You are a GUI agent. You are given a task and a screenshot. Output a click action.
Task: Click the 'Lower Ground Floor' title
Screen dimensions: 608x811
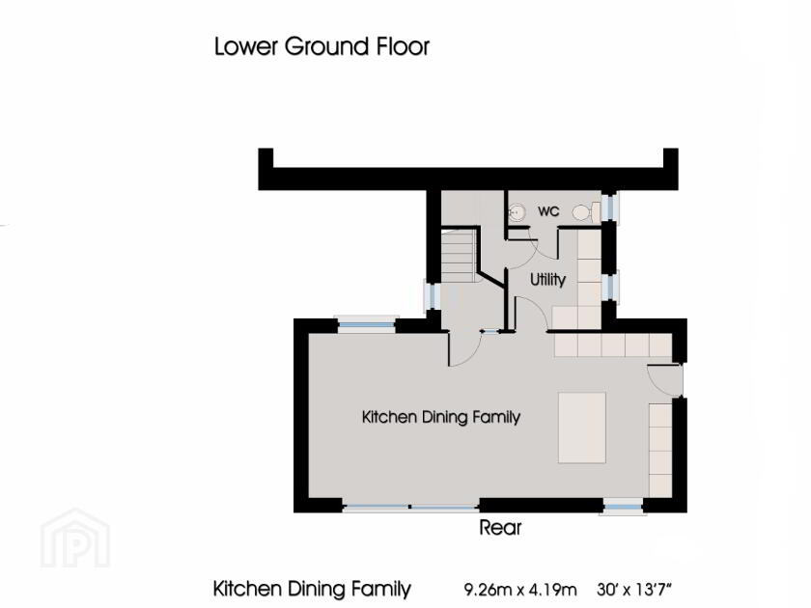click(x=322, y=46)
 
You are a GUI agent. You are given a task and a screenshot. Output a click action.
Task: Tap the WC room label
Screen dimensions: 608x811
click(x=548, y=210)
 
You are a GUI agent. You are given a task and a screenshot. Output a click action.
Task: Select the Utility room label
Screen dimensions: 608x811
click(x=547, y=279)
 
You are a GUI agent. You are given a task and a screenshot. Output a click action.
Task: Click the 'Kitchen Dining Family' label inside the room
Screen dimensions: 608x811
click(x=441, y=417)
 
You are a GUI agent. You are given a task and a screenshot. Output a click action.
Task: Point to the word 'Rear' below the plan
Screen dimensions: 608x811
click(x=500, y=528)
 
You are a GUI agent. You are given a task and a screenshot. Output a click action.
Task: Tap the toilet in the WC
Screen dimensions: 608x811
click(x=581, y=212)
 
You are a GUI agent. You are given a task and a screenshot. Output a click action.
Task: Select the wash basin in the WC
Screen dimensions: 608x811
click(x=517, y=211)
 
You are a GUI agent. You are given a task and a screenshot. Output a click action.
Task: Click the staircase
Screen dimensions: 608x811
click(x=459, y=256)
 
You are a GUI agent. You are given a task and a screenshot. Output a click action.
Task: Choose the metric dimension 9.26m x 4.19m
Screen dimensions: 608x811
click(x=520, y=589)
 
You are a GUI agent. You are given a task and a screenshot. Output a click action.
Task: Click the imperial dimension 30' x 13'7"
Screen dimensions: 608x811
click(x=634, y=589)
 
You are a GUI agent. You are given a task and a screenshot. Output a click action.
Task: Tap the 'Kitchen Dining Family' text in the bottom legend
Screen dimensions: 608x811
click(x=312, y=589)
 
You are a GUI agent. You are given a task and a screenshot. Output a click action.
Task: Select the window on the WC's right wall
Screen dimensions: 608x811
click(x=610, y=208)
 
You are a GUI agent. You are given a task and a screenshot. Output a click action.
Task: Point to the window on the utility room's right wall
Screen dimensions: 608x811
click(x=610, y=286)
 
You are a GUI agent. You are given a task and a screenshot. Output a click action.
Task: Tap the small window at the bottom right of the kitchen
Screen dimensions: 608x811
click(x=623, y=505)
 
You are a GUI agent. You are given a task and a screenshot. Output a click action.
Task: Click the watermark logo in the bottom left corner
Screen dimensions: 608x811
click(x=74, y=538)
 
